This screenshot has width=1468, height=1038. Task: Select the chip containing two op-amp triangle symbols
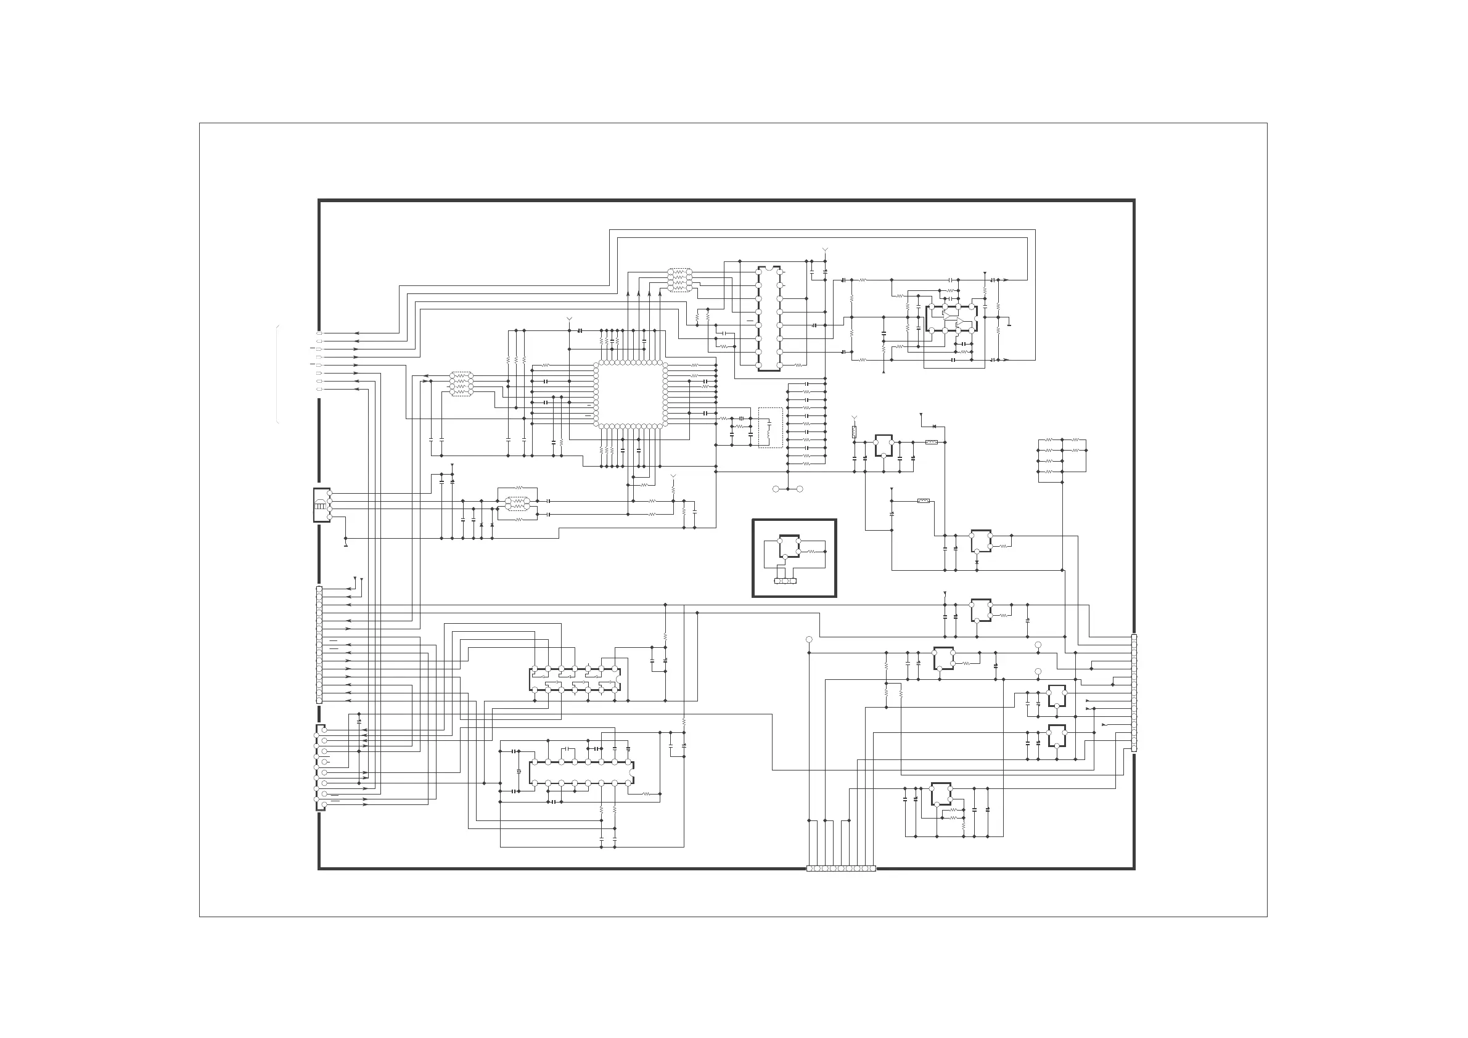[x=951, y=319]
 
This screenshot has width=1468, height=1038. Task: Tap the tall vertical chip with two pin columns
[x=769, y=318]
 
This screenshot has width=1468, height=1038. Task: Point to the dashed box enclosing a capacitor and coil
[x=770, y=427]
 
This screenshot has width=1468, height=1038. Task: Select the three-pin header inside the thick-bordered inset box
[x=784, y=581]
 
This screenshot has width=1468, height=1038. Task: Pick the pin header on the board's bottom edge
[x=841, y=868]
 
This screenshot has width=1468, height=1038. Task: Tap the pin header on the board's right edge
[x=1134, y=693]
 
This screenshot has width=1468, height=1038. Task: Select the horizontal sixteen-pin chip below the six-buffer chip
[x=581, y=773]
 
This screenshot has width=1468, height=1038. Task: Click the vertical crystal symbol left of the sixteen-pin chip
[x=519, y=772]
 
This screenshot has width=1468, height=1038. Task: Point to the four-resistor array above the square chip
[x=679, y=280]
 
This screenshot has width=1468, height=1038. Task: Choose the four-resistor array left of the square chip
[x=461, y=383]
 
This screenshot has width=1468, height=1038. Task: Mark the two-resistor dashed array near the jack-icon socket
[x=518, y=504]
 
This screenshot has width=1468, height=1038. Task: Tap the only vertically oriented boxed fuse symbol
[x=854, y=433]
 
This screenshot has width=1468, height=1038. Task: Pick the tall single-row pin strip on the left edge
[x=319, y=644]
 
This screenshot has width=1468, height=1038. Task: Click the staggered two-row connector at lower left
[x=321, y=767]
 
